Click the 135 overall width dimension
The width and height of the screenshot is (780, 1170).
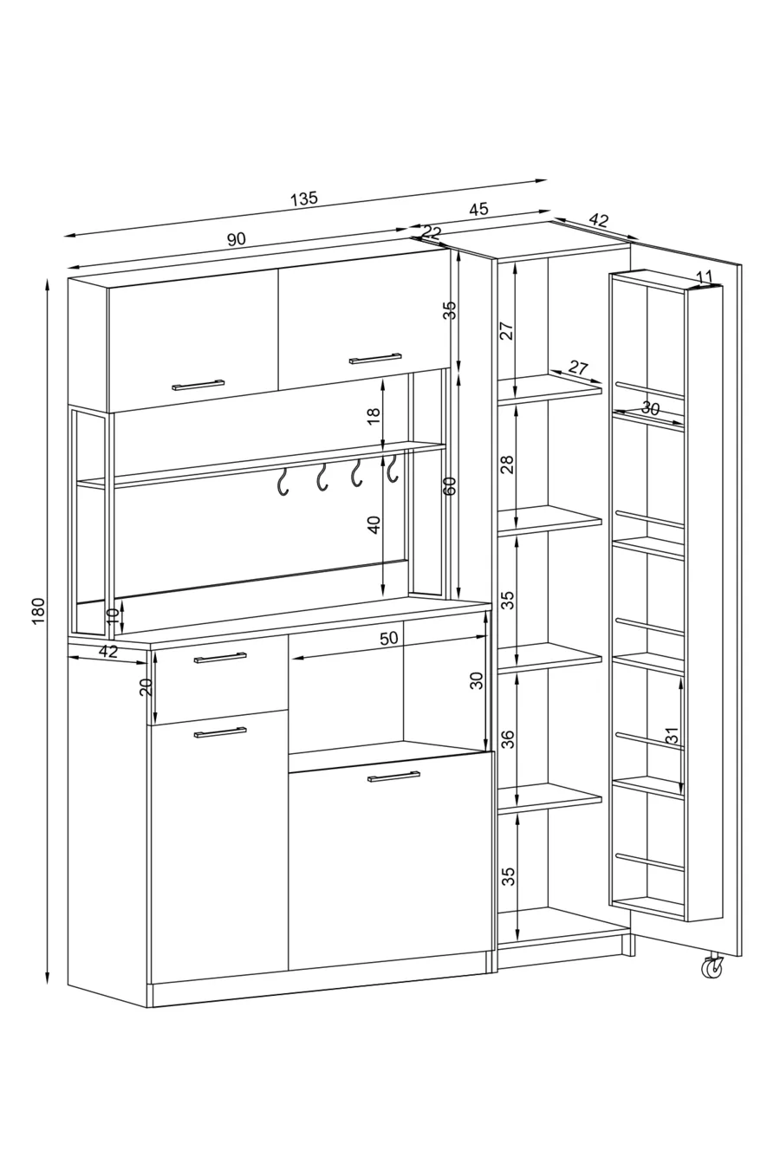(304, 198)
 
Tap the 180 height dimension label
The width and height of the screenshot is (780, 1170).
(40, 610)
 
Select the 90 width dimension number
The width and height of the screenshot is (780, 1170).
(236, 239)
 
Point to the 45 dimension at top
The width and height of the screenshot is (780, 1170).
(478, 209)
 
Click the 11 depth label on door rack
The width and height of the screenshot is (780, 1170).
(705, 276)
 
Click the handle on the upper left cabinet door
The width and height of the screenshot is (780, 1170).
(198, 385)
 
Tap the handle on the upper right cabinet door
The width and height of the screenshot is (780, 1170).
(375, 358)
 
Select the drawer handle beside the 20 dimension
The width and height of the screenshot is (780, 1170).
(220, 657)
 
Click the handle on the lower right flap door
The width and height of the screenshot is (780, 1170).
(393, 777)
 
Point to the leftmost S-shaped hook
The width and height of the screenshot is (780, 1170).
(283, 482)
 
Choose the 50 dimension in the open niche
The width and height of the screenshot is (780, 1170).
(388, 638)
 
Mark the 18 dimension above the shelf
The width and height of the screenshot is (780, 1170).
(374, 416)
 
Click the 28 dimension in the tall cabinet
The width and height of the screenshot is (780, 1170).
(508, 464)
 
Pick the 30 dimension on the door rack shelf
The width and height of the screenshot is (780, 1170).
(650, 408)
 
